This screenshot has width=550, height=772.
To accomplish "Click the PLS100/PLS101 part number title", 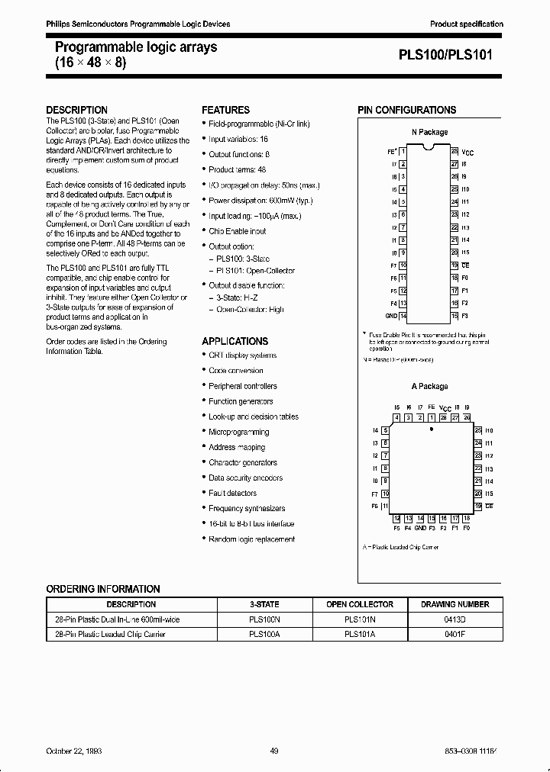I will click(451, 55).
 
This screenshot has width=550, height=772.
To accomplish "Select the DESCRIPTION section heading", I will click(76, 110).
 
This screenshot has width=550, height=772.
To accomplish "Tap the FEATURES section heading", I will click(225, 110).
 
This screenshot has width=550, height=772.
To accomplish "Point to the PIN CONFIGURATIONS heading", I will click(406, 110).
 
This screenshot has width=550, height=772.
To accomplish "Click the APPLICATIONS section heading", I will click(235, 341).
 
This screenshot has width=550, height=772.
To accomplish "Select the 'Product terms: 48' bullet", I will click(238, 170).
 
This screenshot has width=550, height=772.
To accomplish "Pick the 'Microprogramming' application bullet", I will click(238, 433).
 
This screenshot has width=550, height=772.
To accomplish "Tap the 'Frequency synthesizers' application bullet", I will click(247, 509).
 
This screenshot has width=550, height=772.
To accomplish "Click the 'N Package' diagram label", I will click(429, 132).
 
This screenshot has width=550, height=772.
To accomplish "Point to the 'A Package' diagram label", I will click(429, 387).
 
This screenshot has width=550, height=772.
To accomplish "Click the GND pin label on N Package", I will click(391, 315).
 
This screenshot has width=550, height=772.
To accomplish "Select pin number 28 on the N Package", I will click(454, 152).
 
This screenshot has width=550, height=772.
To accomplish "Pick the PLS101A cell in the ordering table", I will click(360, 634).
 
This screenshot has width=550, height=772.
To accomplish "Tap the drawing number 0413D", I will click(455, 620).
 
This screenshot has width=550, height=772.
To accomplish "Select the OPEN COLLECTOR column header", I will click(360, 604).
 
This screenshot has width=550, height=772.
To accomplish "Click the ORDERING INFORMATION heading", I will click(103, 589).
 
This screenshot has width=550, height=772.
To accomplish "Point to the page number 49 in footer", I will click(273, 751).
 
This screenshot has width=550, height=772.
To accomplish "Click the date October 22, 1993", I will click(74, 751).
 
